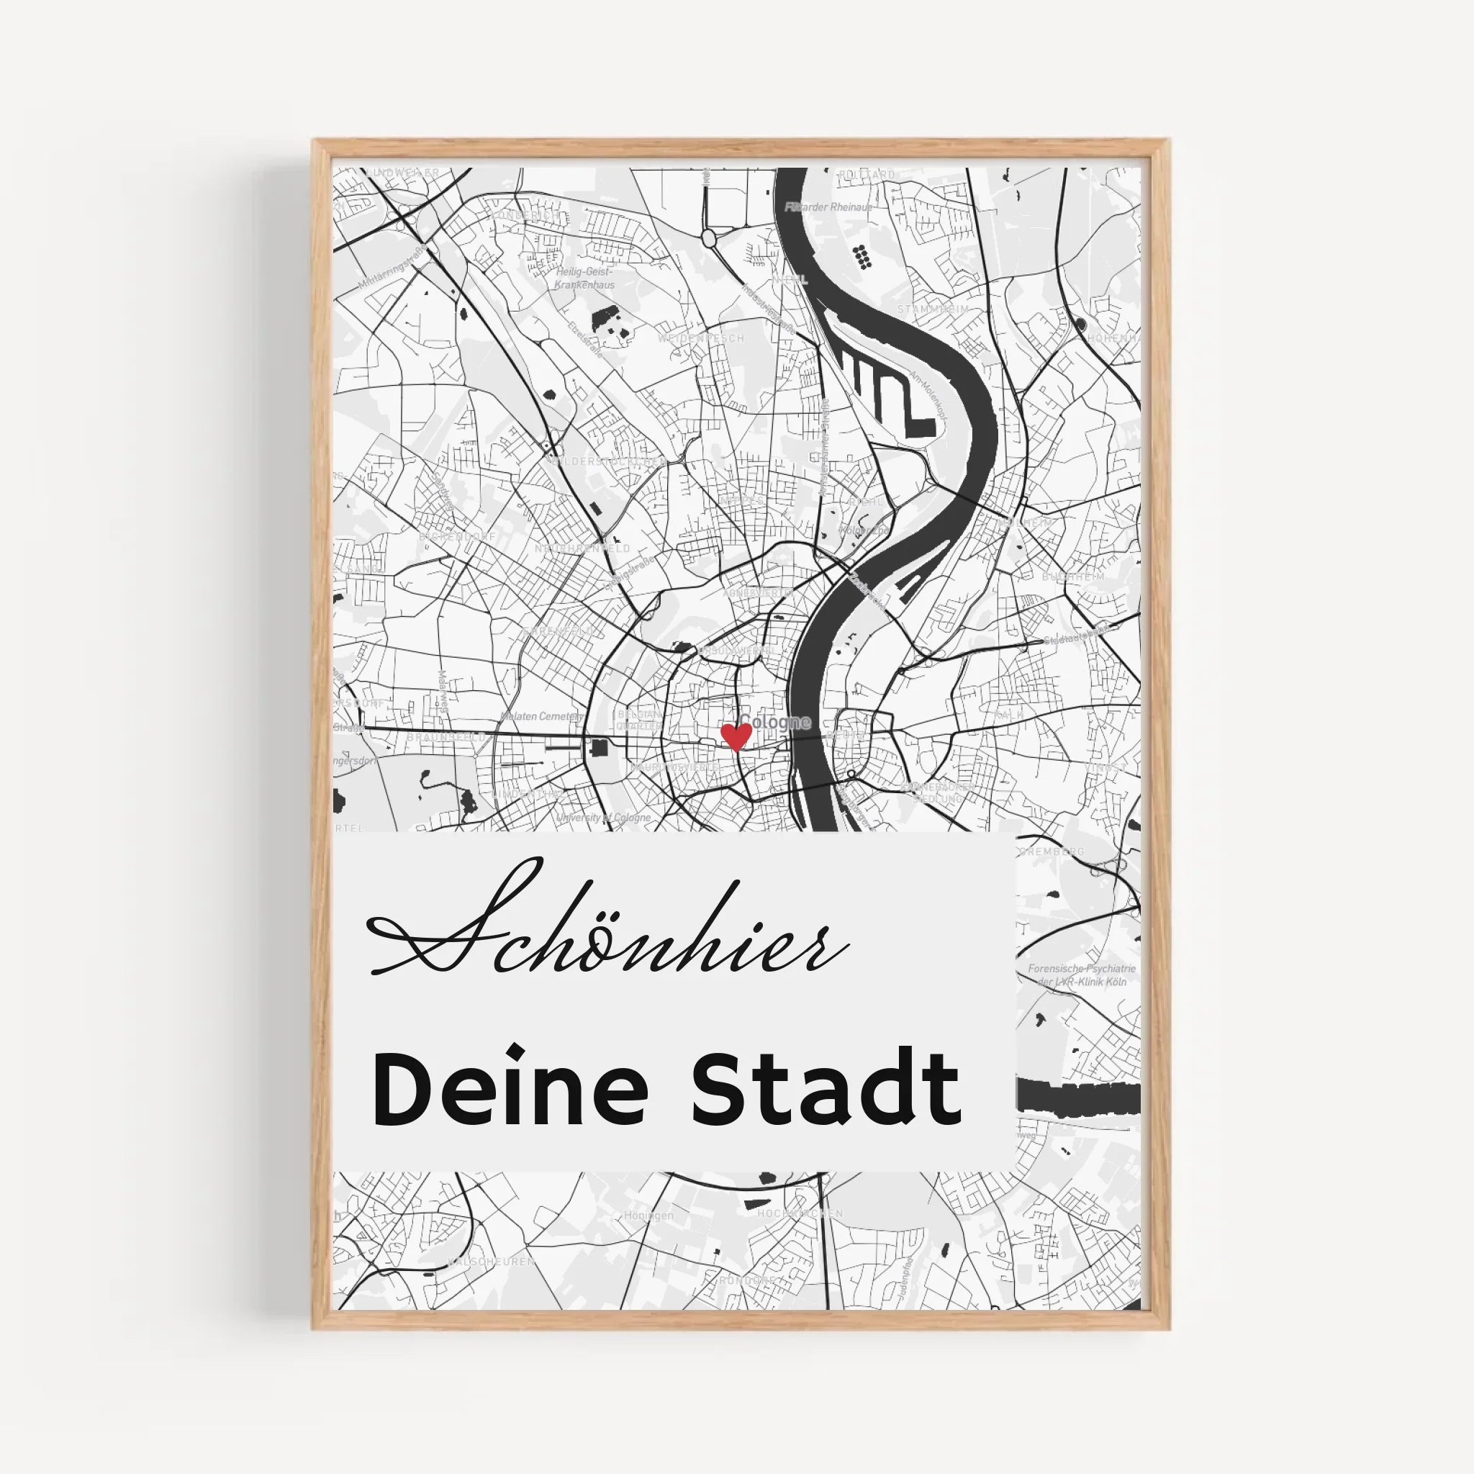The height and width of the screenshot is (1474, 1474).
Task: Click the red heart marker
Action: click(x=736, y=736)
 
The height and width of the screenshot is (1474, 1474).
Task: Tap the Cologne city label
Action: click(x=775, y=722)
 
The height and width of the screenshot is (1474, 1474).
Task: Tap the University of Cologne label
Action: click(x=603, y=818)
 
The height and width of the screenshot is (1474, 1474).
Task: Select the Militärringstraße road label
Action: click(x=392, y=272)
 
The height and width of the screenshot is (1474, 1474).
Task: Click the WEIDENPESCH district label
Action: click(x=700, y=338)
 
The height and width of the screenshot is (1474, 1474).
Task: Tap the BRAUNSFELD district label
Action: click(x=446, y=738)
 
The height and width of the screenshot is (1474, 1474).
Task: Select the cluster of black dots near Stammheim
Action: click(x=862, y=256)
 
